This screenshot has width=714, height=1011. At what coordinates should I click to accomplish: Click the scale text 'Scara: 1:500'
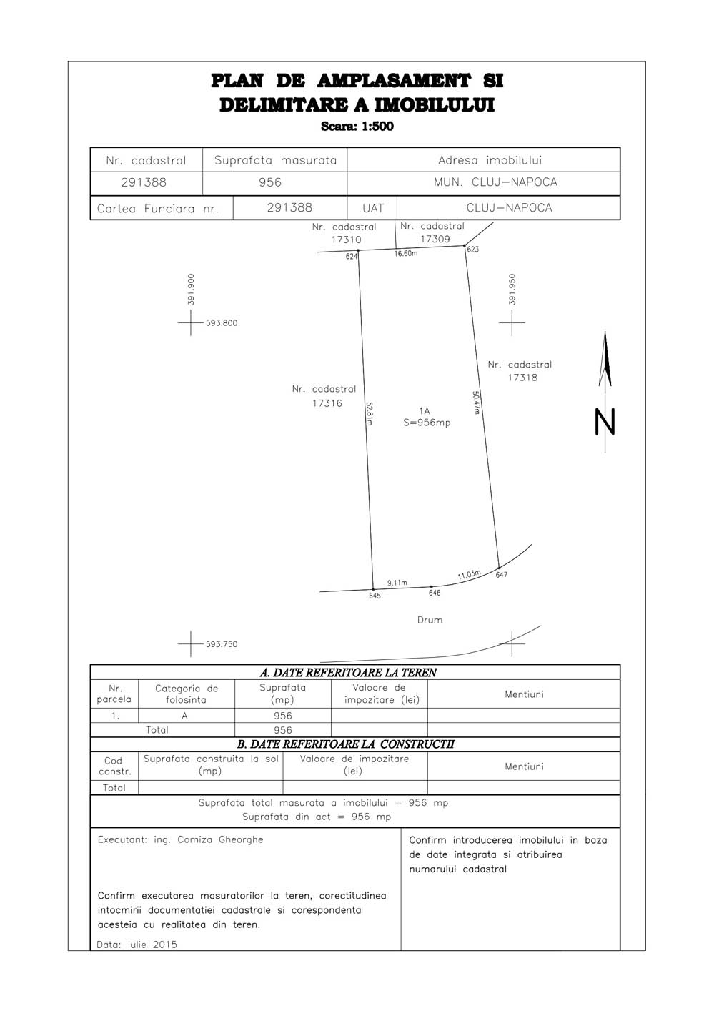(x=357, y=126)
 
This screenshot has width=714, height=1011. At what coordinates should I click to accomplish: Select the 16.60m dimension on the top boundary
(x=406, y=254)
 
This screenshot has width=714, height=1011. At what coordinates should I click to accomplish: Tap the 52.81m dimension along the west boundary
(x=370, y=414)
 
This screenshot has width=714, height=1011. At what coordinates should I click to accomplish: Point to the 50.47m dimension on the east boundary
(x=476, y=403)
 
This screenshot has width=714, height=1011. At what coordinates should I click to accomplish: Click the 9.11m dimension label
(x=397, y=583)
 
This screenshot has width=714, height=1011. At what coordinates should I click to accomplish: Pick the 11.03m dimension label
(x=469, y=575)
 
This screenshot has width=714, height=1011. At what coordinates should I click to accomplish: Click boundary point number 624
(x=352, y=257)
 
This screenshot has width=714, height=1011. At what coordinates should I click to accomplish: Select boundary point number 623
(x=472, y=249)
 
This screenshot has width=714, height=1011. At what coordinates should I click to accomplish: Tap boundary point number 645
(x=375, y=596)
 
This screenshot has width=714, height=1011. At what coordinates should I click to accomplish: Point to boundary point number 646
(x=435, y=593)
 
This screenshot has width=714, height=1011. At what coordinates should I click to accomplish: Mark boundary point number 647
(x=502, y=575)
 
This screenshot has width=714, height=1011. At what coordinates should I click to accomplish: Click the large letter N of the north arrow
(x=605, y=422)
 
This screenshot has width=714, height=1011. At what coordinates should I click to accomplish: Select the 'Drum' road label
(x=430, y=620)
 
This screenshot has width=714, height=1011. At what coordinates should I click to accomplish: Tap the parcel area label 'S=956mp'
(x=427, y=423)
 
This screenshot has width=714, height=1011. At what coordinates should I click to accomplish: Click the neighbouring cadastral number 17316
(x=327, y=403)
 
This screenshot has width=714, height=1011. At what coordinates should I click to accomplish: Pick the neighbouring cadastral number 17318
(x=522, y=378)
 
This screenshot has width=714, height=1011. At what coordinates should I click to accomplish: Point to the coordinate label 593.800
(x=222, y=322)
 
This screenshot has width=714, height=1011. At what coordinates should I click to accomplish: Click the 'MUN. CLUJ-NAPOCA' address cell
(x=495, y=182)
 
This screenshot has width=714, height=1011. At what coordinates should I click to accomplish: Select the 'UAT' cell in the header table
(x=373, y=208)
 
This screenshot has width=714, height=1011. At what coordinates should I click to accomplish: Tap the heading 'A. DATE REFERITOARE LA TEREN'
(x=348, y=673)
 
